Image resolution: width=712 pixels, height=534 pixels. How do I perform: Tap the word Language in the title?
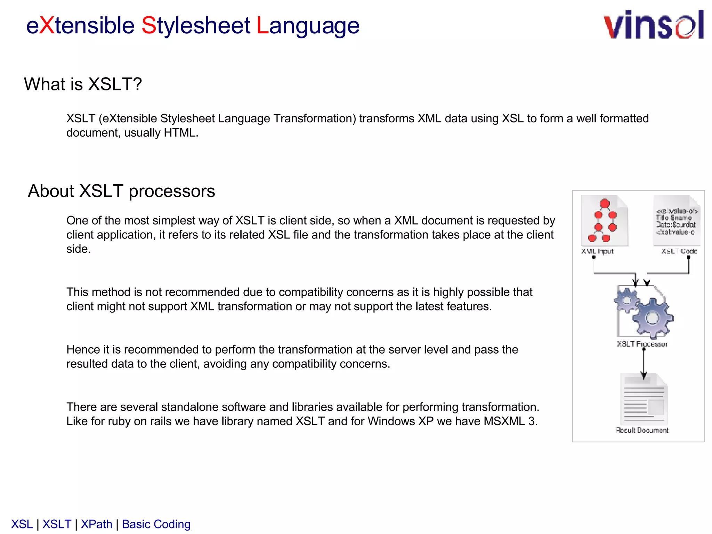pos(308,26)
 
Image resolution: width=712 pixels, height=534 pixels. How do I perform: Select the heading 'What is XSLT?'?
pos(83,84)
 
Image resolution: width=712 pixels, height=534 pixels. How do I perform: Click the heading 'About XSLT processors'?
pos(121,191)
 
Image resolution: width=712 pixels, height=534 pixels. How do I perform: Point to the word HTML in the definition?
pos(180,133)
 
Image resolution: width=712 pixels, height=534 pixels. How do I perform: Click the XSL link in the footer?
pos(22,524)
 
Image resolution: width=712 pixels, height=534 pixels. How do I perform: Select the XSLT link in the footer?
pos(57,524)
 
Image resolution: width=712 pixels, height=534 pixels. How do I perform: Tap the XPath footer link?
pos(97,524)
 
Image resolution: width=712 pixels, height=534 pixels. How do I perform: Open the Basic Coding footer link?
pos(156,524)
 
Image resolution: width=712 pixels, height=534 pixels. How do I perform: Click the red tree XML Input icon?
pos(604,220)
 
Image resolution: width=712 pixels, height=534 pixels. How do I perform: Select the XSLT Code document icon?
pos(676,220)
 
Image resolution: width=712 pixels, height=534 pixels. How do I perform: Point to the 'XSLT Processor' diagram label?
pos(642,344)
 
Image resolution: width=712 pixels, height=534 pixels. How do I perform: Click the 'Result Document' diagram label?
pos(642,430)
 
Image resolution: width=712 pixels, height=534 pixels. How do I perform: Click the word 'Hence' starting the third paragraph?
pos(83,349)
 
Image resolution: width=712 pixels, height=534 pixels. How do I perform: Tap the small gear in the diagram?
pos(627,300)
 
